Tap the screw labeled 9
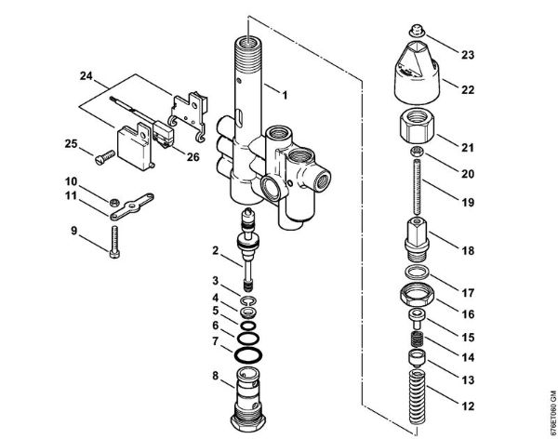pos(113,245)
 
